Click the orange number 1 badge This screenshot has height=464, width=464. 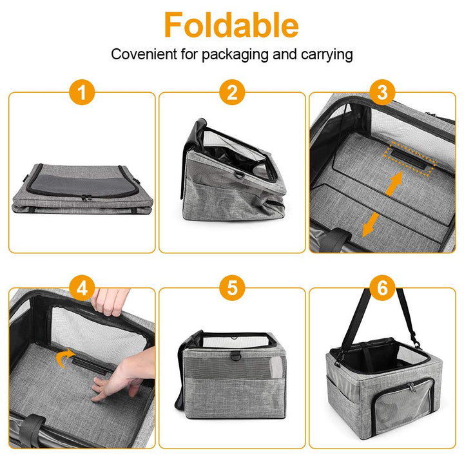[82, 93]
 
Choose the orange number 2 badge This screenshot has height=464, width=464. [232, 93]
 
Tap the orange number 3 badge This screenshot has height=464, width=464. [383, 93]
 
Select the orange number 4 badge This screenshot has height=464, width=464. [82, 288]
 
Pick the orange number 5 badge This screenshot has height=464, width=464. [232, 288]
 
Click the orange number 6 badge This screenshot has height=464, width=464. [383, 288]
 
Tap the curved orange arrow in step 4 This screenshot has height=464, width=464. [63, 358]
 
